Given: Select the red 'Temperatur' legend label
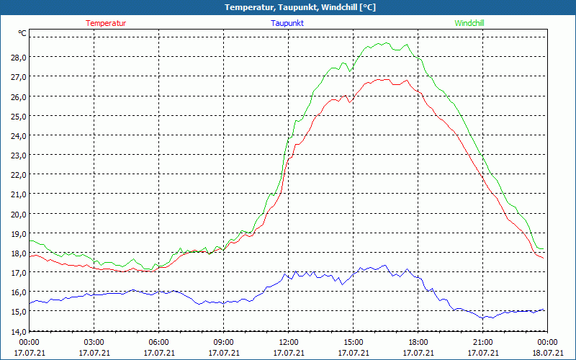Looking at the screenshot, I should pyautogui.click(x=106, y=23).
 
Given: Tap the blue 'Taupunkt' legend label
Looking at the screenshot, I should pyautogui.click(x=287, y=23).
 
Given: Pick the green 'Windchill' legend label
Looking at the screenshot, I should pyautogui.click(x=469, y=23).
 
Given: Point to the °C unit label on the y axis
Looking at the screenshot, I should pyautogui.click(x=22, y=33).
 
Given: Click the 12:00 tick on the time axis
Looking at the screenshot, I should pyautogui.click(x=288, y=342).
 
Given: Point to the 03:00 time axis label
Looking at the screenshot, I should pyautogui.click(x=94, y=342).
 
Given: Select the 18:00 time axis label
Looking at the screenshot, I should pyautogui.click(x=418, y=342).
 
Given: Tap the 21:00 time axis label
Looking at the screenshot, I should pyautogui.click(x=482, y=342).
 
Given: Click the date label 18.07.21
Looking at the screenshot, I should pyautogui.click(x=548, y=353).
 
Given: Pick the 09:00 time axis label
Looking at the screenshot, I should pyautogui.click(x=223, y=342).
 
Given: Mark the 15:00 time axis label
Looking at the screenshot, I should pyautogui.click(x=353, y=342).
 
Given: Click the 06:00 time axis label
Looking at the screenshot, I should pyautogui.click(x=158, y=342).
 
